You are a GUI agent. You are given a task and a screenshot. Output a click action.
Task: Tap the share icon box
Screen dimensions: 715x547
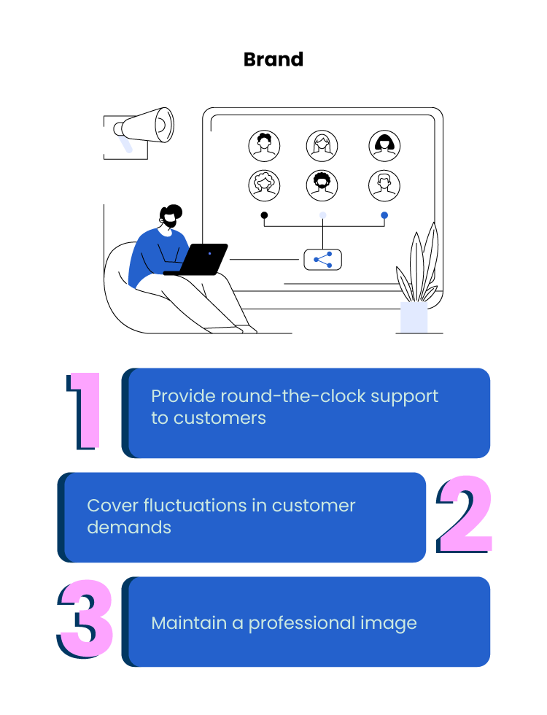[x=322, y=259]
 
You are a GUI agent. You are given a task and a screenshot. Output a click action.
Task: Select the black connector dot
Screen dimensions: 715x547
[x=264, y=215]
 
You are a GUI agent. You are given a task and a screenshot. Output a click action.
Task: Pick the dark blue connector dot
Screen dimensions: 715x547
[x=384, y=215]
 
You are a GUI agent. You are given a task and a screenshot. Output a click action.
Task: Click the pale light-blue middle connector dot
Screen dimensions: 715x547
[x=322, y=215]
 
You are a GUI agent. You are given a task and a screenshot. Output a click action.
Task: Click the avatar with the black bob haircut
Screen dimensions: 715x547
[x=384, y=146]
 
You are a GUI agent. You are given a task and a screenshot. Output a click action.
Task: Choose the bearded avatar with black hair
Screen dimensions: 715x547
[x=322, y=185]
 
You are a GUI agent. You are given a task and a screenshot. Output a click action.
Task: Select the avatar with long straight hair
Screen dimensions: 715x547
[x=322, y=146]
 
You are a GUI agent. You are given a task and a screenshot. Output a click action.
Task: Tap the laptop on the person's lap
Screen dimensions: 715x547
[x=201, y=260]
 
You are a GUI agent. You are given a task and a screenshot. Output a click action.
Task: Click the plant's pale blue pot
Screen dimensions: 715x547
[x=414, y=317]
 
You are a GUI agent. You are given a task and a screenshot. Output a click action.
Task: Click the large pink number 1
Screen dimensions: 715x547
[x=85, y=410]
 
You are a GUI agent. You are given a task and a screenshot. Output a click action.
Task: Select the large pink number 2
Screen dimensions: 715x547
[x=465, y=516]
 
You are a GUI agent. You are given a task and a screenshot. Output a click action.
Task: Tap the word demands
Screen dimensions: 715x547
[x=129, y=527]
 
